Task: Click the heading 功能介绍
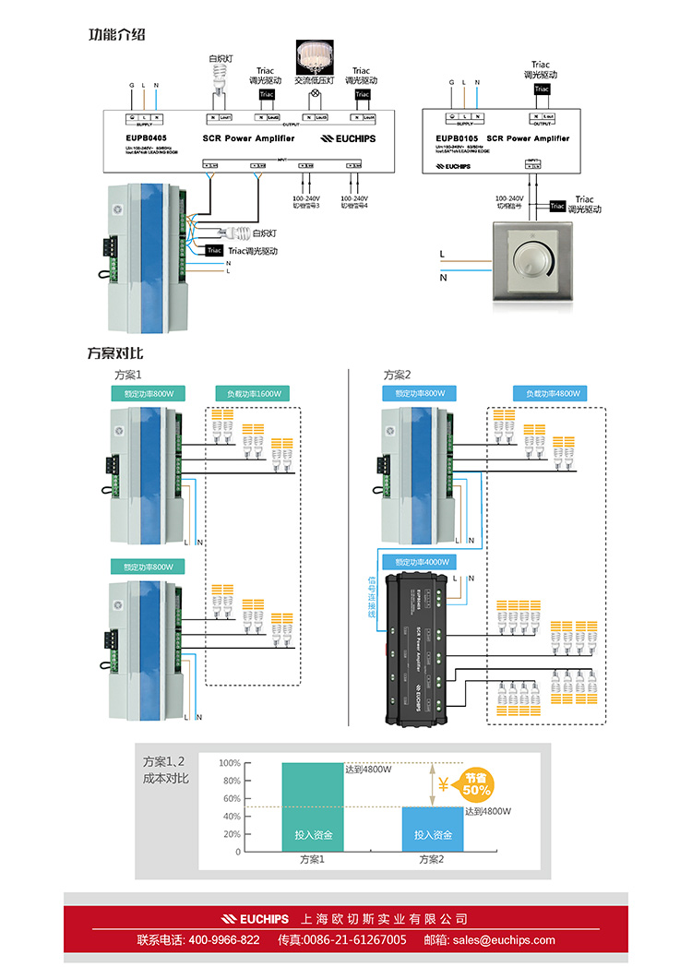116,35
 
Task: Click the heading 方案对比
115,352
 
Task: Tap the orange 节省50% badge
476,784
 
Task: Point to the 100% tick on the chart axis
230,763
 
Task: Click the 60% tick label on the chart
232,799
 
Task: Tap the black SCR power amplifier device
420,647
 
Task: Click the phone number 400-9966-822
223,940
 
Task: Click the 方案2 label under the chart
431,860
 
